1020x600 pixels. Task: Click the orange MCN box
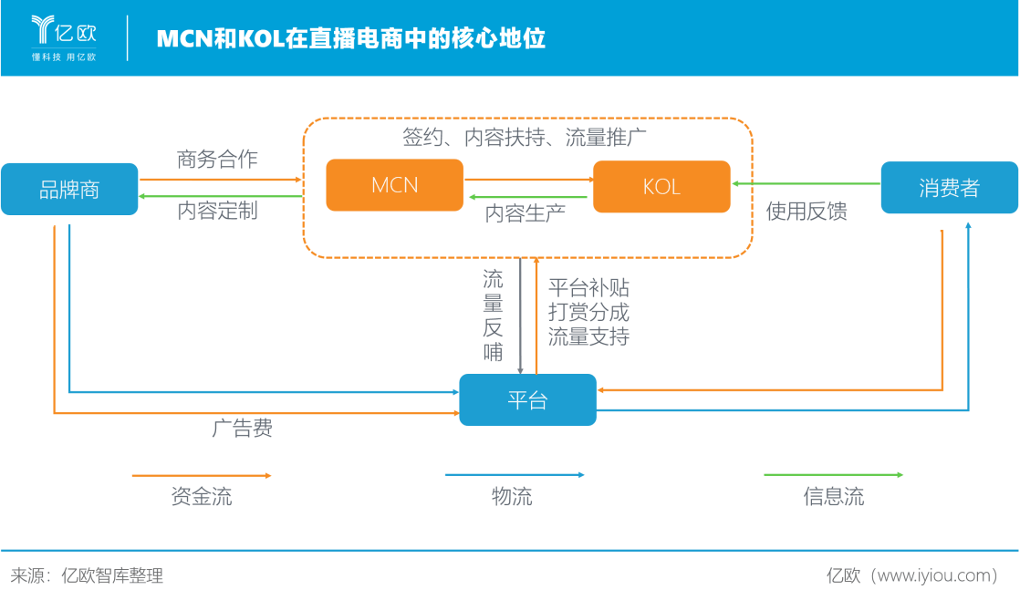394,185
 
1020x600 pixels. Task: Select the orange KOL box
661,187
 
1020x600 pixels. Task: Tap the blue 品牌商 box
69,189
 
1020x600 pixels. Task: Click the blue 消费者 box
949,188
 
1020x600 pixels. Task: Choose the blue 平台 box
527,399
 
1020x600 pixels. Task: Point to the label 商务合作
217,160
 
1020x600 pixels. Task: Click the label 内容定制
217,211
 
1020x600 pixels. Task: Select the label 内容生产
525,213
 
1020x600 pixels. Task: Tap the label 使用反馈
807,212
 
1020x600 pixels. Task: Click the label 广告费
243,428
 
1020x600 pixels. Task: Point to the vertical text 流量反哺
493,316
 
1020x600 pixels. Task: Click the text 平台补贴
588,287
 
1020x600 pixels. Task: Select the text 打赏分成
588,312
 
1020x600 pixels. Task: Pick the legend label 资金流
202,497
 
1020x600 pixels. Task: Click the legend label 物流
512,497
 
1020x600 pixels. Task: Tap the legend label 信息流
834,497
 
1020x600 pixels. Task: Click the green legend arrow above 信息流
833,475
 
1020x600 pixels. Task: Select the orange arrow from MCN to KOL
529,180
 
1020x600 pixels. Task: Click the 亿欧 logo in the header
64,38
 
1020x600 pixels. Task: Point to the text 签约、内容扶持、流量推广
525,137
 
